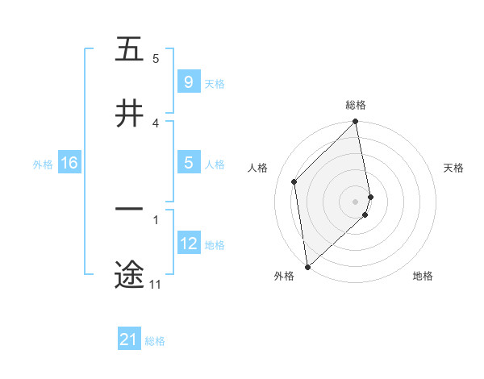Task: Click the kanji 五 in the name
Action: pos(129,49)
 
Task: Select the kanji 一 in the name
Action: pos(129,210)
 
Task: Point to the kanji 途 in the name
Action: pos(129,273)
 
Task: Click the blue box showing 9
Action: pos(188,82)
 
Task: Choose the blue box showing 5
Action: pos(188,163)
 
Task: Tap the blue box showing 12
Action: pos(188,244)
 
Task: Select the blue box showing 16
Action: pos(69,163)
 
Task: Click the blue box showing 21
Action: pos(129,340)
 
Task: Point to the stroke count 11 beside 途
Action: pos(155,285)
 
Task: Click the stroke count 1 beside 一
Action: pos(156,219)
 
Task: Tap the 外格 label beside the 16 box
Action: pos(43,164)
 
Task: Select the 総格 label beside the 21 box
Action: pos(155,341)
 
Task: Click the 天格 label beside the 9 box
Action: pos(215,83)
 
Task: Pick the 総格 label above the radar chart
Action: pos(356,105)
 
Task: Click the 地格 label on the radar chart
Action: pos(423,276)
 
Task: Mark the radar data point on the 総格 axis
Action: pos(356,123)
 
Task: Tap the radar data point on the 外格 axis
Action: pos(307,267)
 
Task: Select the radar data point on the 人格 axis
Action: pos(294,181)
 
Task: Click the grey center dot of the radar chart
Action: pos(356,202)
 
